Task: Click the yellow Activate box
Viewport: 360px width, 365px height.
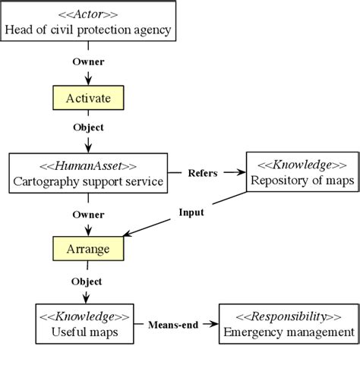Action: (87, 98)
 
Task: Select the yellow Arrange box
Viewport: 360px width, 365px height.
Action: (87, 248)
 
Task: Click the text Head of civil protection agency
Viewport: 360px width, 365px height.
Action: (89, 30)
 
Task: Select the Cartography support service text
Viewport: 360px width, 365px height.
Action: (87, 182)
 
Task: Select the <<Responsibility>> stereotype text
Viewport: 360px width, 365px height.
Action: (289, 316)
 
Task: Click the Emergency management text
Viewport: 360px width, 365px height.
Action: (289, 332)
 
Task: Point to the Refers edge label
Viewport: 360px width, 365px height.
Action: (202, 173)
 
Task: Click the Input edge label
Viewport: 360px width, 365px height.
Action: (191, 212)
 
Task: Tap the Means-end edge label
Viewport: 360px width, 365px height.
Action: (172, 325)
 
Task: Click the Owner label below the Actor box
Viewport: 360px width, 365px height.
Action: (88, 60)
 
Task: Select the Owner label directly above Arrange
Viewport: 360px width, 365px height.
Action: (88, 215)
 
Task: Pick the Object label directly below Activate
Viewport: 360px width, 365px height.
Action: (88, 127)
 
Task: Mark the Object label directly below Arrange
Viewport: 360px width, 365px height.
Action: (86, 282)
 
